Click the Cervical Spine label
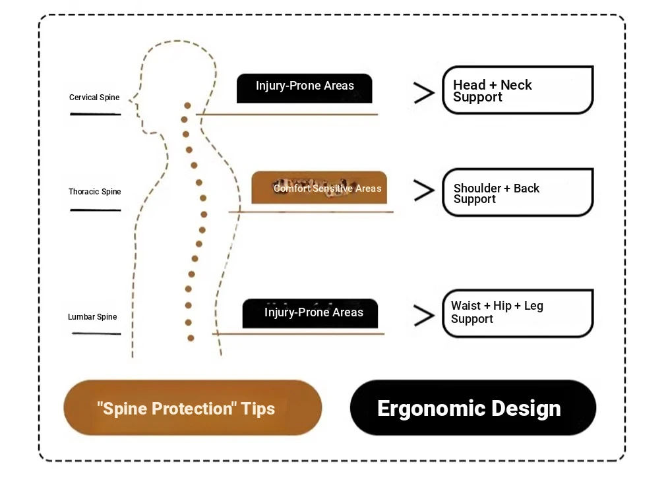coord(94,97)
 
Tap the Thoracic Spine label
coord(95,191)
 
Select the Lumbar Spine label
coord(92,316)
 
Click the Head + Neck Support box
coord(518,90)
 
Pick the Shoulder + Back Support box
coord(518,192)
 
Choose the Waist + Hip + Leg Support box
coord(518,313)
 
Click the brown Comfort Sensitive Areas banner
coord(319,188)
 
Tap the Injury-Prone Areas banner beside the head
coord(304,88)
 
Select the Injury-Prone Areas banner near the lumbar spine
coord(310,313)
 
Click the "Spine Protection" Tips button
coord(193,407)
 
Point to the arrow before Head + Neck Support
coord(424,93)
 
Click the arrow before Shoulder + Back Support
coord(424,190)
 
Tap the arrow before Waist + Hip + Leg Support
coord(424,316)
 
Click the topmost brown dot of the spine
coord(187,105)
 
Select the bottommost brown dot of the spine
coord(191,338)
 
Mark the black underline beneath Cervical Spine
coord(96,114)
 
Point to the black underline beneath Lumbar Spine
coord(96,333)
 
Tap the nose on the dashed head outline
coord(132,100)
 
